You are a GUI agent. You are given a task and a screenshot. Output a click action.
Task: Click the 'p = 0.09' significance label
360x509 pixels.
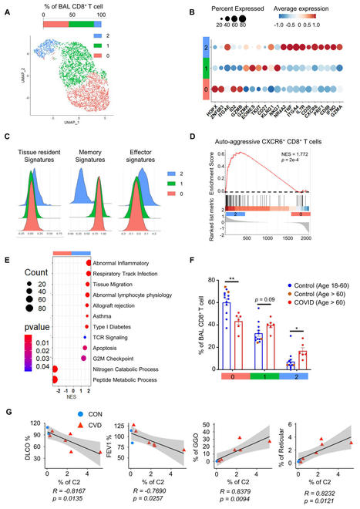click(x=267, y=285)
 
